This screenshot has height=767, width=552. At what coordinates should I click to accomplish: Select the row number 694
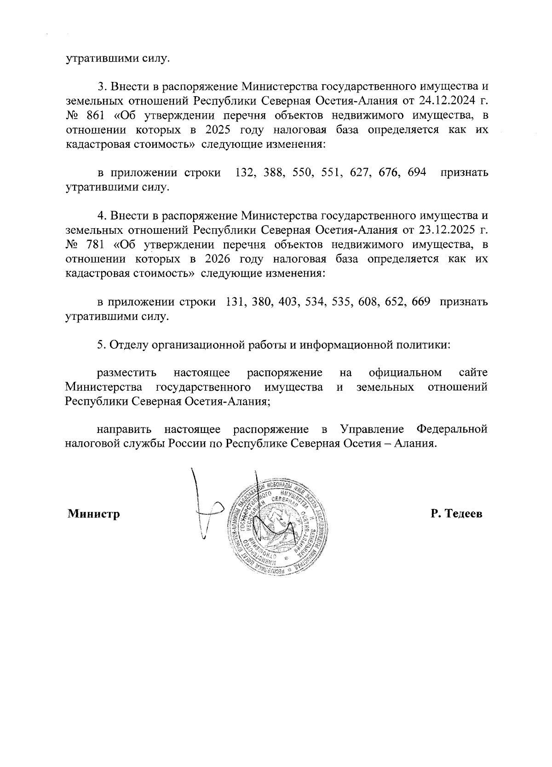coord(416,173)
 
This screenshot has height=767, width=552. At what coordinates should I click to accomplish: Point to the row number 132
coord(244,173)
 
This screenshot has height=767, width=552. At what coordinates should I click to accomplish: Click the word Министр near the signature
coord(94,514)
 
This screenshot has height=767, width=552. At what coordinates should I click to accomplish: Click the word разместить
coord(127,373)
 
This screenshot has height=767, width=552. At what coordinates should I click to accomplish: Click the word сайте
coord(473,373)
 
